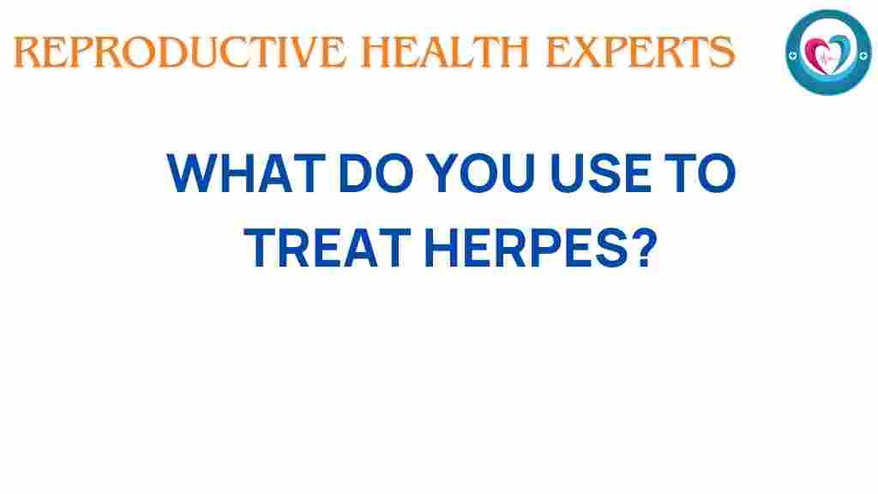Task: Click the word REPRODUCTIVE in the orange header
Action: [179, 52]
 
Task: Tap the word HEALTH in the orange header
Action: [445, 52]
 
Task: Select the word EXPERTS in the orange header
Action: [640, 52]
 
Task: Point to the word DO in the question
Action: [376, 172]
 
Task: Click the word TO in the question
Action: [700, 172]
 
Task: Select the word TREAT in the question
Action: [328, 248]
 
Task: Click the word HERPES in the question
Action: [526, 248]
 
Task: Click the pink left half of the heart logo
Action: [816, 54]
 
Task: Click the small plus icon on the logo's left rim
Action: [792, 56]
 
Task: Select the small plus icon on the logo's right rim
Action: [863, 55]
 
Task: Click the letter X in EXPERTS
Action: [586, 52]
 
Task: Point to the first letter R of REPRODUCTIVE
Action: [27, 52]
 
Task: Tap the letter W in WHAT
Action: [192, 172]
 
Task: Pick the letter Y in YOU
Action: [442, 172]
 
